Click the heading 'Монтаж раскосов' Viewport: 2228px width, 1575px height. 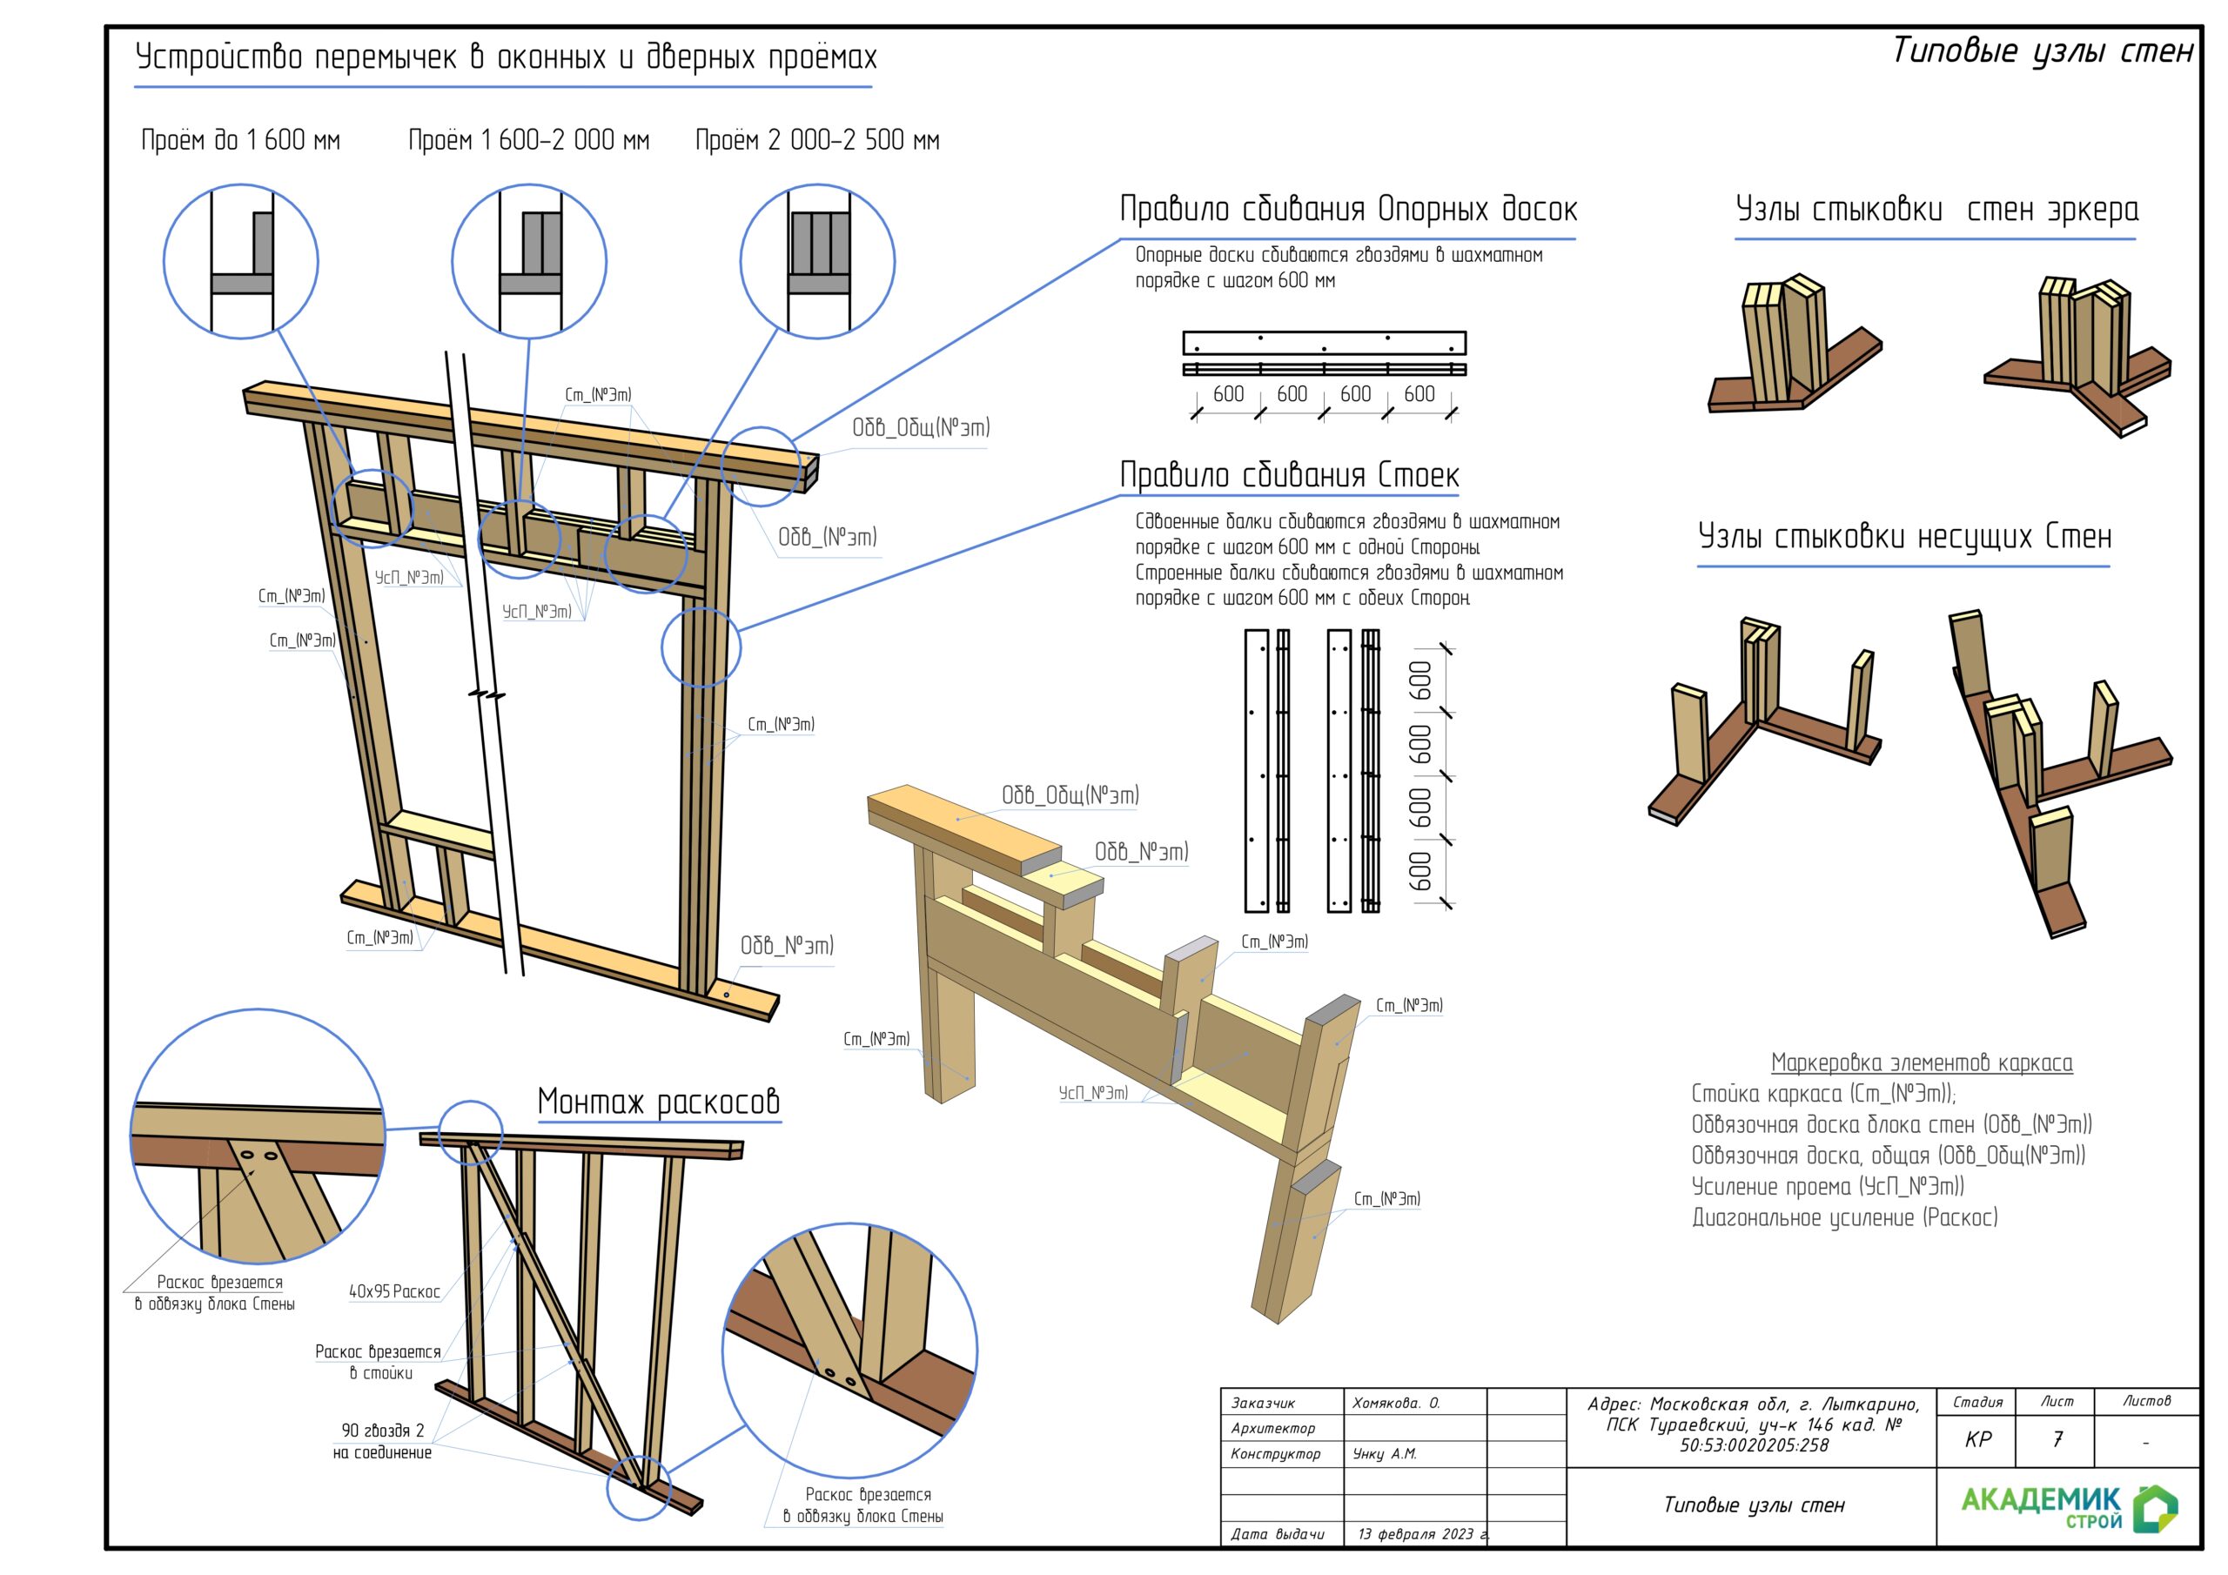click(658, 1102)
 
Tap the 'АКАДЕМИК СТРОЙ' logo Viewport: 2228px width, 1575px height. click(2068, 1508)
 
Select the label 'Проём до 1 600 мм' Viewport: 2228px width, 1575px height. click(241, 140)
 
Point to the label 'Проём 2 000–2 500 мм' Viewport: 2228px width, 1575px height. click(817, 140)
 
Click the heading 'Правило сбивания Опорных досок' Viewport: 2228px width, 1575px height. click(1348, 209)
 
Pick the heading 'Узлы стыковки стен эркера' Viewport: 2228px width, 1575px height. click(1936, 209)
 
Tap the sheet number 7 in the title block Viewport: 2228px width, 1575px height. click(2057, 1439)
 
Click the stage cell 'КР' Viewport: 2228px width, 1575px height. click(1977, 1439)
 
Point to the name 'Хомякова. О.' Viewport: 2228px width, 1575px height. click(1395, 1404)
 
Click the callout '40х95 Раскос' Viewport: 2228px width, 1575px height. click(394, 1291)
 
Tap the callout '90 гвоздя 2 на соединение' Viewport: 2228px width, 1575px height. click(382, 1441)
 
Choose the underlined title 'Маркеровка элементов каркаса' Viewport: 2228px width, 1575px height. click(1922, 1062)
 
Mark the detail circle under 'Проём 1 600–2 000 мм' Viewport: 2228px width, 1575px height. click(529, 261)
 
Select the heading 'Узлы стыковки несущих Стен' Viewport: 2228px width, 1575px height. click(1904, 536)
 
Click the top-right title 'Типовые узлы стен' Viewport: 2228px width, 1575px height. click(2042, 50)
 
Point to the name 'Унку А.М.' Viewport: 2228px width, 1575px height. click(1385, 1454)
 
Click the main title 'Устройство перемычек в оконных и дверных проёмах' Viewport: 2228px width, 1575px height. click(506, 57)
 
